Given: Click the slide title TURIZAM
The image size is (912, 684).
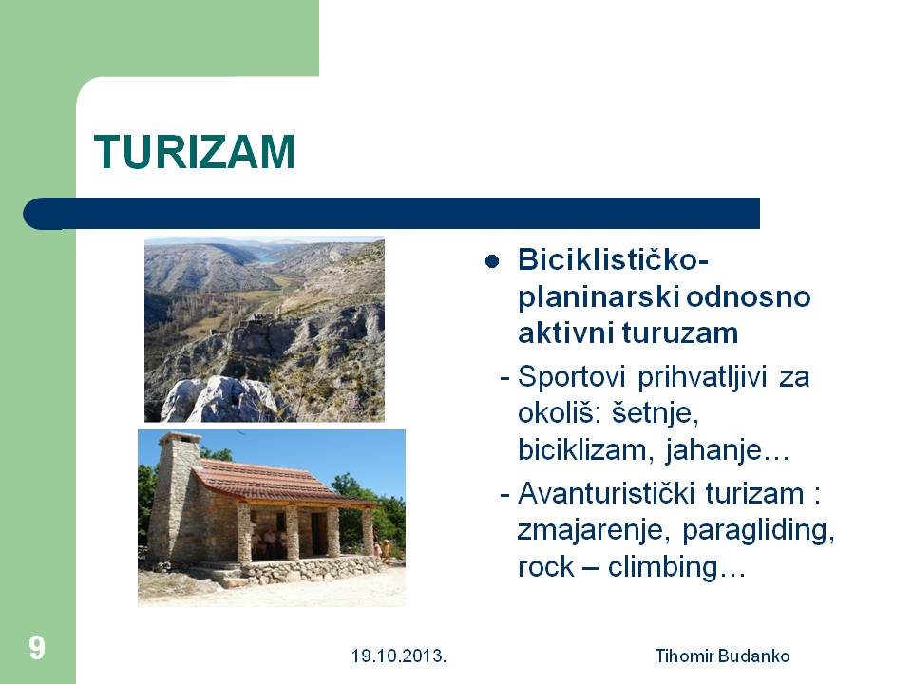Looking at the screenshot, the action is click(194, 152).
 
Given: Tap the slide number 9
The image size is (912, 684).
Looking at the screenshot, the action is click(37, 647).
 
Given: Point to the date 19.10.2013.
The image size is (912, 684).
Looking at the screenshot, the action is click(398, 656).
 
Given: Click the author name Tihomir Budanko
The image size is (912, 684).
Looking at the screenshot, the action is click(722, 656).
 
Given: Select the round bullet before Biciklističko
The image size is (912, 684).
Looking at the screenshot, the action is click(492, 261).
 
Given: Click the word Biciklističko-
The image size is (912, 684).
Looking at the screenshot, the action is click(613, 259).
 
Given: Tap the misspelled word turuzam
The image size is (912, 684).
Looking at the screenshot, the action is click(680, 333).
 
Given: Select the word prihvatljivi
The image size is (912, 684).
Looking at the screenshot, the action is click(701, 377).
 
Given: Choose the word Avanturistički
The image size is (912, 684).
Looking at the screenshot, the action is click(605, 493).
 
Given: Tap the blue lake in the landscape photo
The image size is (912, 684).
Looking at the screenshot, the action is click(268, 257).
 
